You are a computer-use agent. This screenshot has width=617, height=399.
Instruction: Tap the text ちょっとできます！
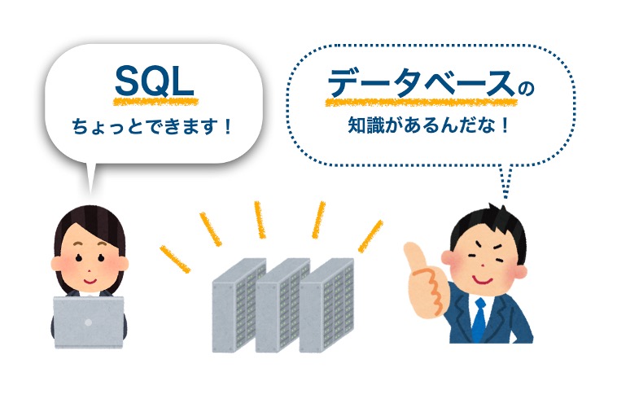click(x=152, y=128)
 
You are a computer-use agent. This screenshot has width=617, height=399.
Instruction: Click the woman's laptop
click(x=88, y=321)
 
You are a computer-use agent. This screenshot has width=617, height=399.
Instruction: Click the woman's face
click(x=87, y=257)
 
